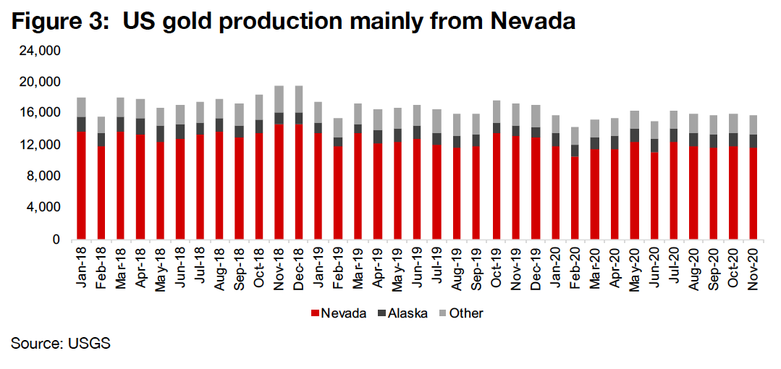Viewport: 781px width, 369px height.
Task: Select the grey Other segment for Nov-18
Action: pyautogui.click(x=279, y=99)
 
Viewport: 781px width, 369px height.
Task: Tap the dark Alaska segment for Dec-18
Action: pyautogui.click(x=298, y=118)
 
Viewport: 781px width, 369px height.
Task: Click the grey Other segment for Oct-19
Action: pyautogui.click(x=496, y=111)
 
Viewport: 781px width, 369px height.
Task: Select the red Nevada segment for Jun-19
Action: pyautogui.click(x=417, y=188)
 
